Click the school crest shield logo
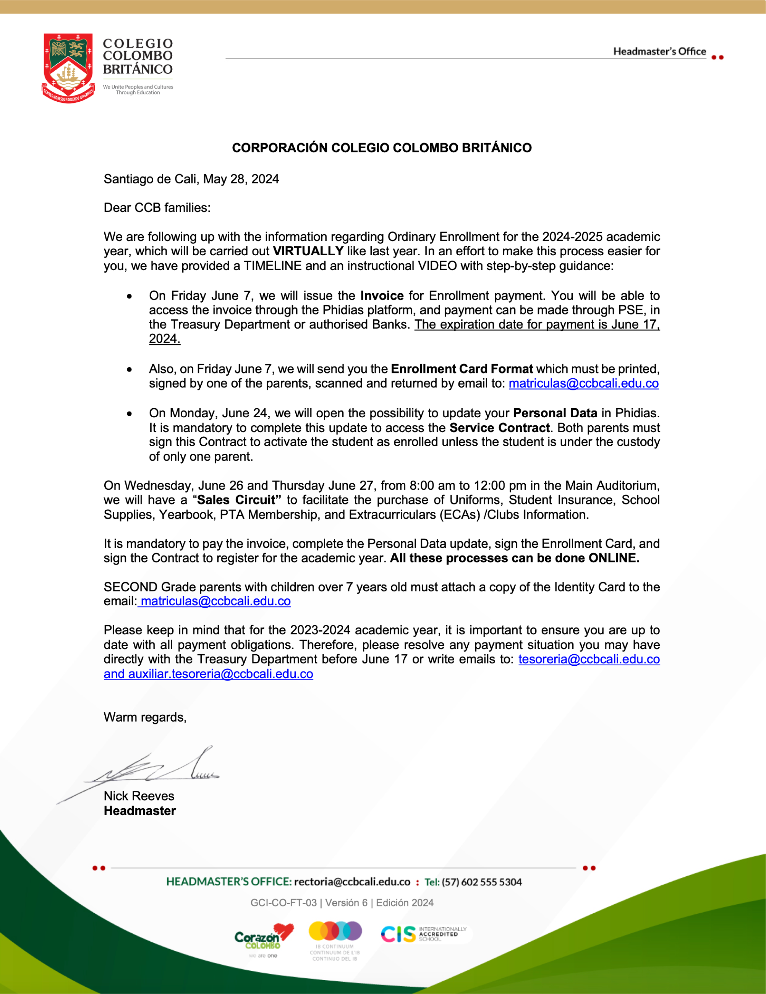click(68, 67)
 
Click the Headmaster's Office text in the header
click(659, 52)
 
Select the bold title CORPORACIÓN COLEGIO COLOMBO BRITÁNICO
click(382, 148)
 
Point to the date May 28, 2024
click(241, 179)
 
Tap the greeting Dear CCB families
click(157, 208)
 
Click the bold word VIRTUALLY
click(308, 251)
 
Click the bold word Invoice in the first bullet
click(382, 296)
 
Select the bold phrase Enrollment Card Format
click(461, 369)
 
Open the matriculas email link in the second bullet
click(583, 383)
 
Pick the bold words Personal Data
click(555, 413)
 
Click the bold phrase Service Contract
click(499, 428)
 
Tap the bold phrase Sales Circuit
click(237, 500)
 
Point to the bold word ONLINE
click(614, 558)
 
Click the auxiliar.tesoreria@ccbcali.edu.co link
click(220, 674)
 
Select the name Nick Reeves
click(139, 796)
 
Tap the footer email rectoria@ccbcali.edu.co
click(352, 882)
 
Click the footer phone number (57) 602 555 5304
click(482, 882)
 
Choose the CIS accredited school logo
click(423, 934)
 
